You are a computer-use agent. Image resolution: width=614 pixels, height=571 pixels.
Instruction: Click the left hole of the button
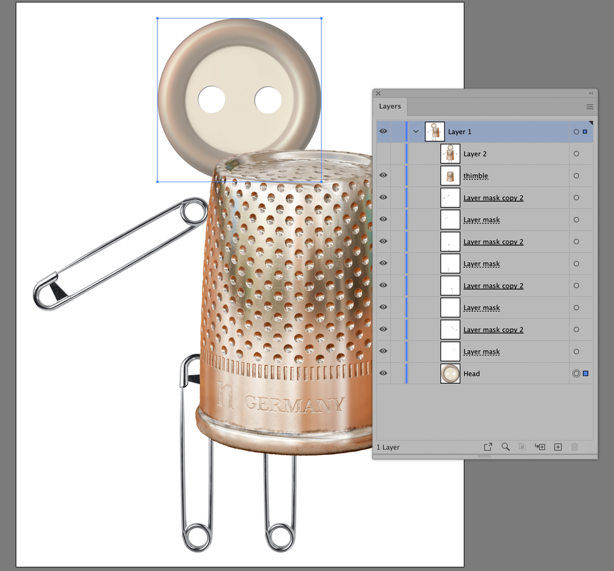[x=211, y=99]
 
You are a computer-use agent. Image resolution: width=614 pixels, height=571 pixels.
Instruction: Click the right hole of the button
[x=268, y=99]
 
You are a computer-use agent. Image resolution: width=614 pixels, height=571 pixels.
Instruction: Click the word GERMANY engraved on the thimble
[x=294, y=404]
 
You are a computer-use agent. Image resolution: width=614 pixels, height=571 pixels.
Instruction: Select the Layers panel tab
[x=390, y=106]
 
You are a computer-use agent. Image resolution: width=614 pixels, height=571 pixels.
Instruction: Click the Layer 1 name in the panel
[x=460, y=132]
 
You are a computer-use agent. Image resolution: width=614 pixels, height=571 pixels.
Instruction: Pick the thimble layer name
[x=475, y=176]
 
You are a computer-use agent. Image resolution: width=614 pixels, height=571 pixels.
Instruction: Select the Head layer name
[x=471, y=374]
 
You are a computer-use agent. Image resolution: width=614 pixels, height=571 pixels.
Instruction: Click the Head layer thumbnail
[x=450, y=373]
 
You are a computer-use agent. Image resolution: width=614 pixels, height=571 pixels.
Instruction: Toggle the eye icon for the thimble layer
[x=384, y=175]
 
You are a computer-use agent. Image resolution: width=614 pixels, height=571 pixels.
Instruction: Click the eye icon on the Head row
[x=384, y=373]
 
